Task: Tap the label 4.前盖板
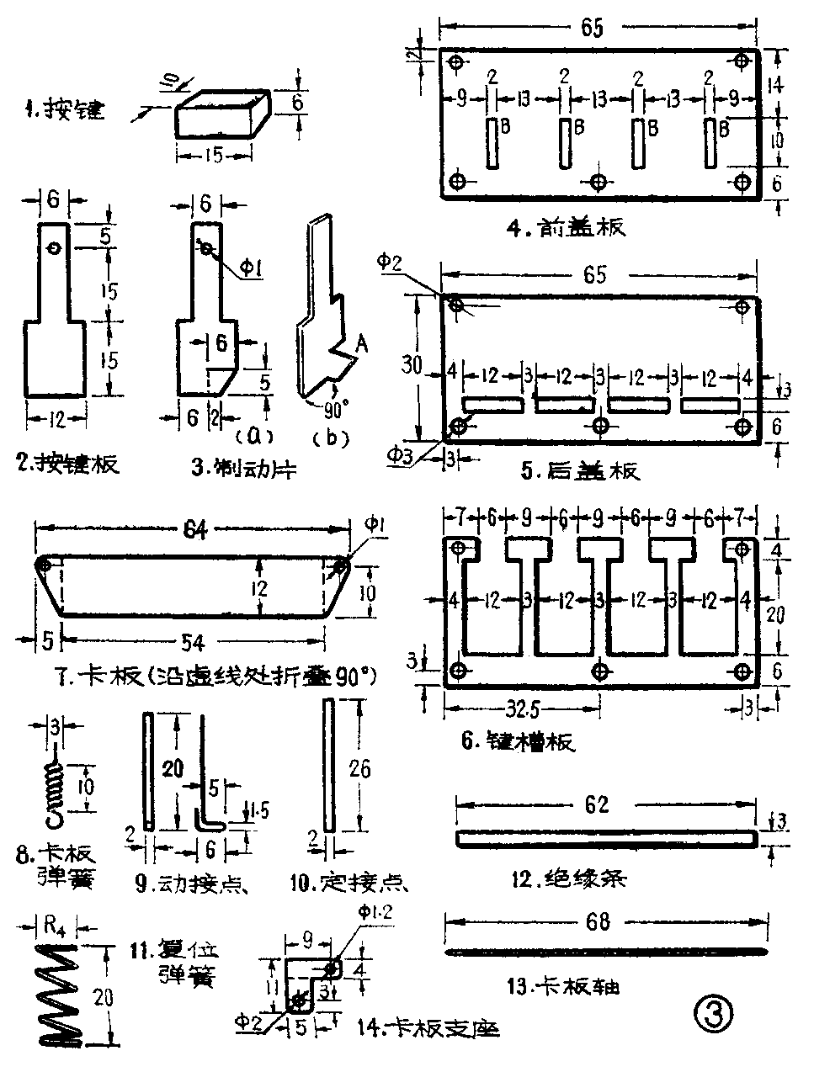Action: tap(580, 226)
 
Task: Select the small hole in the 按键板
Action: tap(54, 249)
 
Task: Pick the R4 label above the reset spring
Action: tap(52, 928)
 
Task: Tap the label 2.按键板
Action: tap(68, 463)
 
